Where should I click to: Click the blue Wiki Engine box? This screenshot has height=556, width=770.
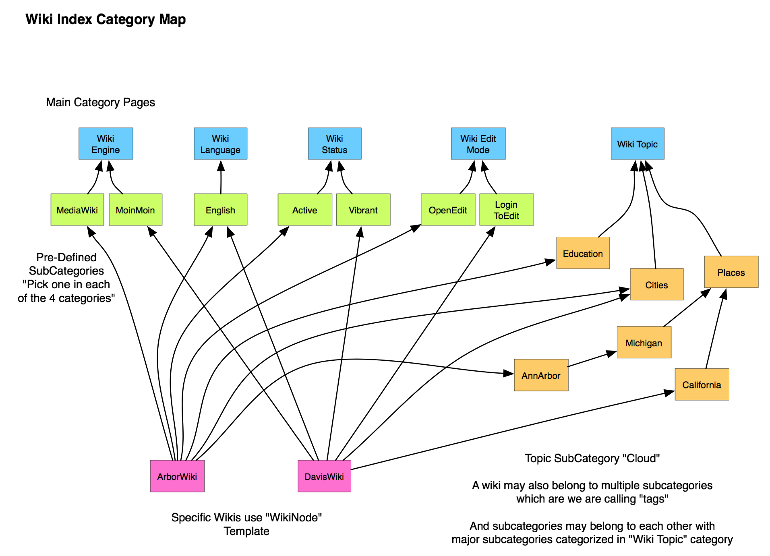(106, 144)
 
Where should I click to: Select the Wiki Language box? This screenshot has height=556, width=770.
(220, 144)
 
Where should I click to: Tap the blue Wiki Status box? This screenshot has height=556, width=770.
(334, 144)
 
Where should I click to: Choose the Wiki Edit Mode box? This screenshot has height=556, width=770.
(478, 144)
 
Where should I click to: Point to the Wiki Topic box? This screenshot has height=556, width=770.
(637, 144)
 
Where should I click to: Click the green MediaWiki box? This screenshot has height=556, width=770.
(77, 210)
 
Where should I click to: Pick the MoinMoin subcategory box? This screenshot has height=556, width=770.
(135, 210)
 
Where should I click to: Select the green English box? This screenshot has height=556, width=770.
(220, 210)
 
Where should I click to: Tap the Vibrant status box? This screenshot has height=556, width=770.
(363, 210)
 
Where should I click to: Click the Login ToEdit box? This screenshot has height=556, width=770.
(506, 210)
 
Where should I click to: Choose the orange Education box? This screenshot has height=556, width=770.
(583, 253)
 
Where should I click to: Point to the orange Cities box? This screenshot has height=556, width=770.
(656, 285)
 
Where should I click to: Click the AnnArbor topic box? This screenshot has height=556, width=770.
(541, 375)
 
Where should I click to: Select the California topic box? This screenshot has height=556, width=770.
(702, 384)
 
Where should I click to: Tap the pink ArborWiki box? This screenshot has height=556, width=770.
(177, 476)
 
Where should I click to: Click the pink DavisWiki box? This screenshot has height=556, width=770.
(324, 476)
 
